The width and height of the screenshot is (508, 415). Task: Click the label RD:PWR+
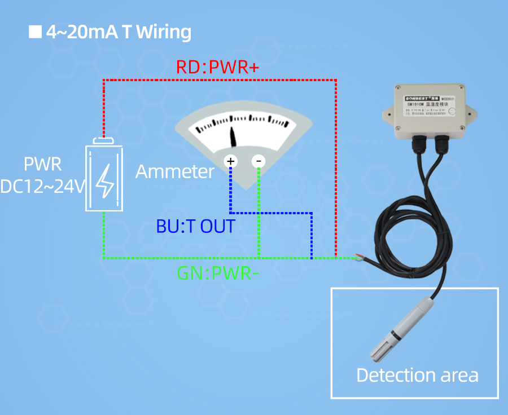click(x=217, y=68)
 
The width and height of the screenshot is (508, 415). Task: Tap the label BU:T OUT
click(x=195, y=227)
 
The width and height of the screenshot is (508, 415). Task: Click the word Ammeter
click(x=175, y=171)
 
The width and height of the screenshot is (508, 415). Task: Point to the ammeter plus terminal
click(x=230, y=161)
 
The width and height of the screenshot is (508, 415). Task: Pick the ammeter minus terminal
click(x=259, y=161)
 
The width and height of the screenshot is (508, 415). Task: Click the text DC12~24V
click(x=42, y=186)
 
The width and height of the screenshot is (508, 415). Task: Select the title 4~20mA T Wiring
click(x=119, y=32)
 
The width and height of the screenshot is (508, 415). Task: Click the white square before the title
click(x=36, y=32)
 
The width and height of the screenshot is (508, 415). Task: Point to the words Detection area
click(x=417, y=375)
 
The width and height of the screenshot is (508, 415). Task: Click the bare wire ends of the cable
click(x=360, y=258)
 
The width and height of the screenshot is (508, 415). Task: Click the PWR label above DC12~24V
click(x=42, y=165)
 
